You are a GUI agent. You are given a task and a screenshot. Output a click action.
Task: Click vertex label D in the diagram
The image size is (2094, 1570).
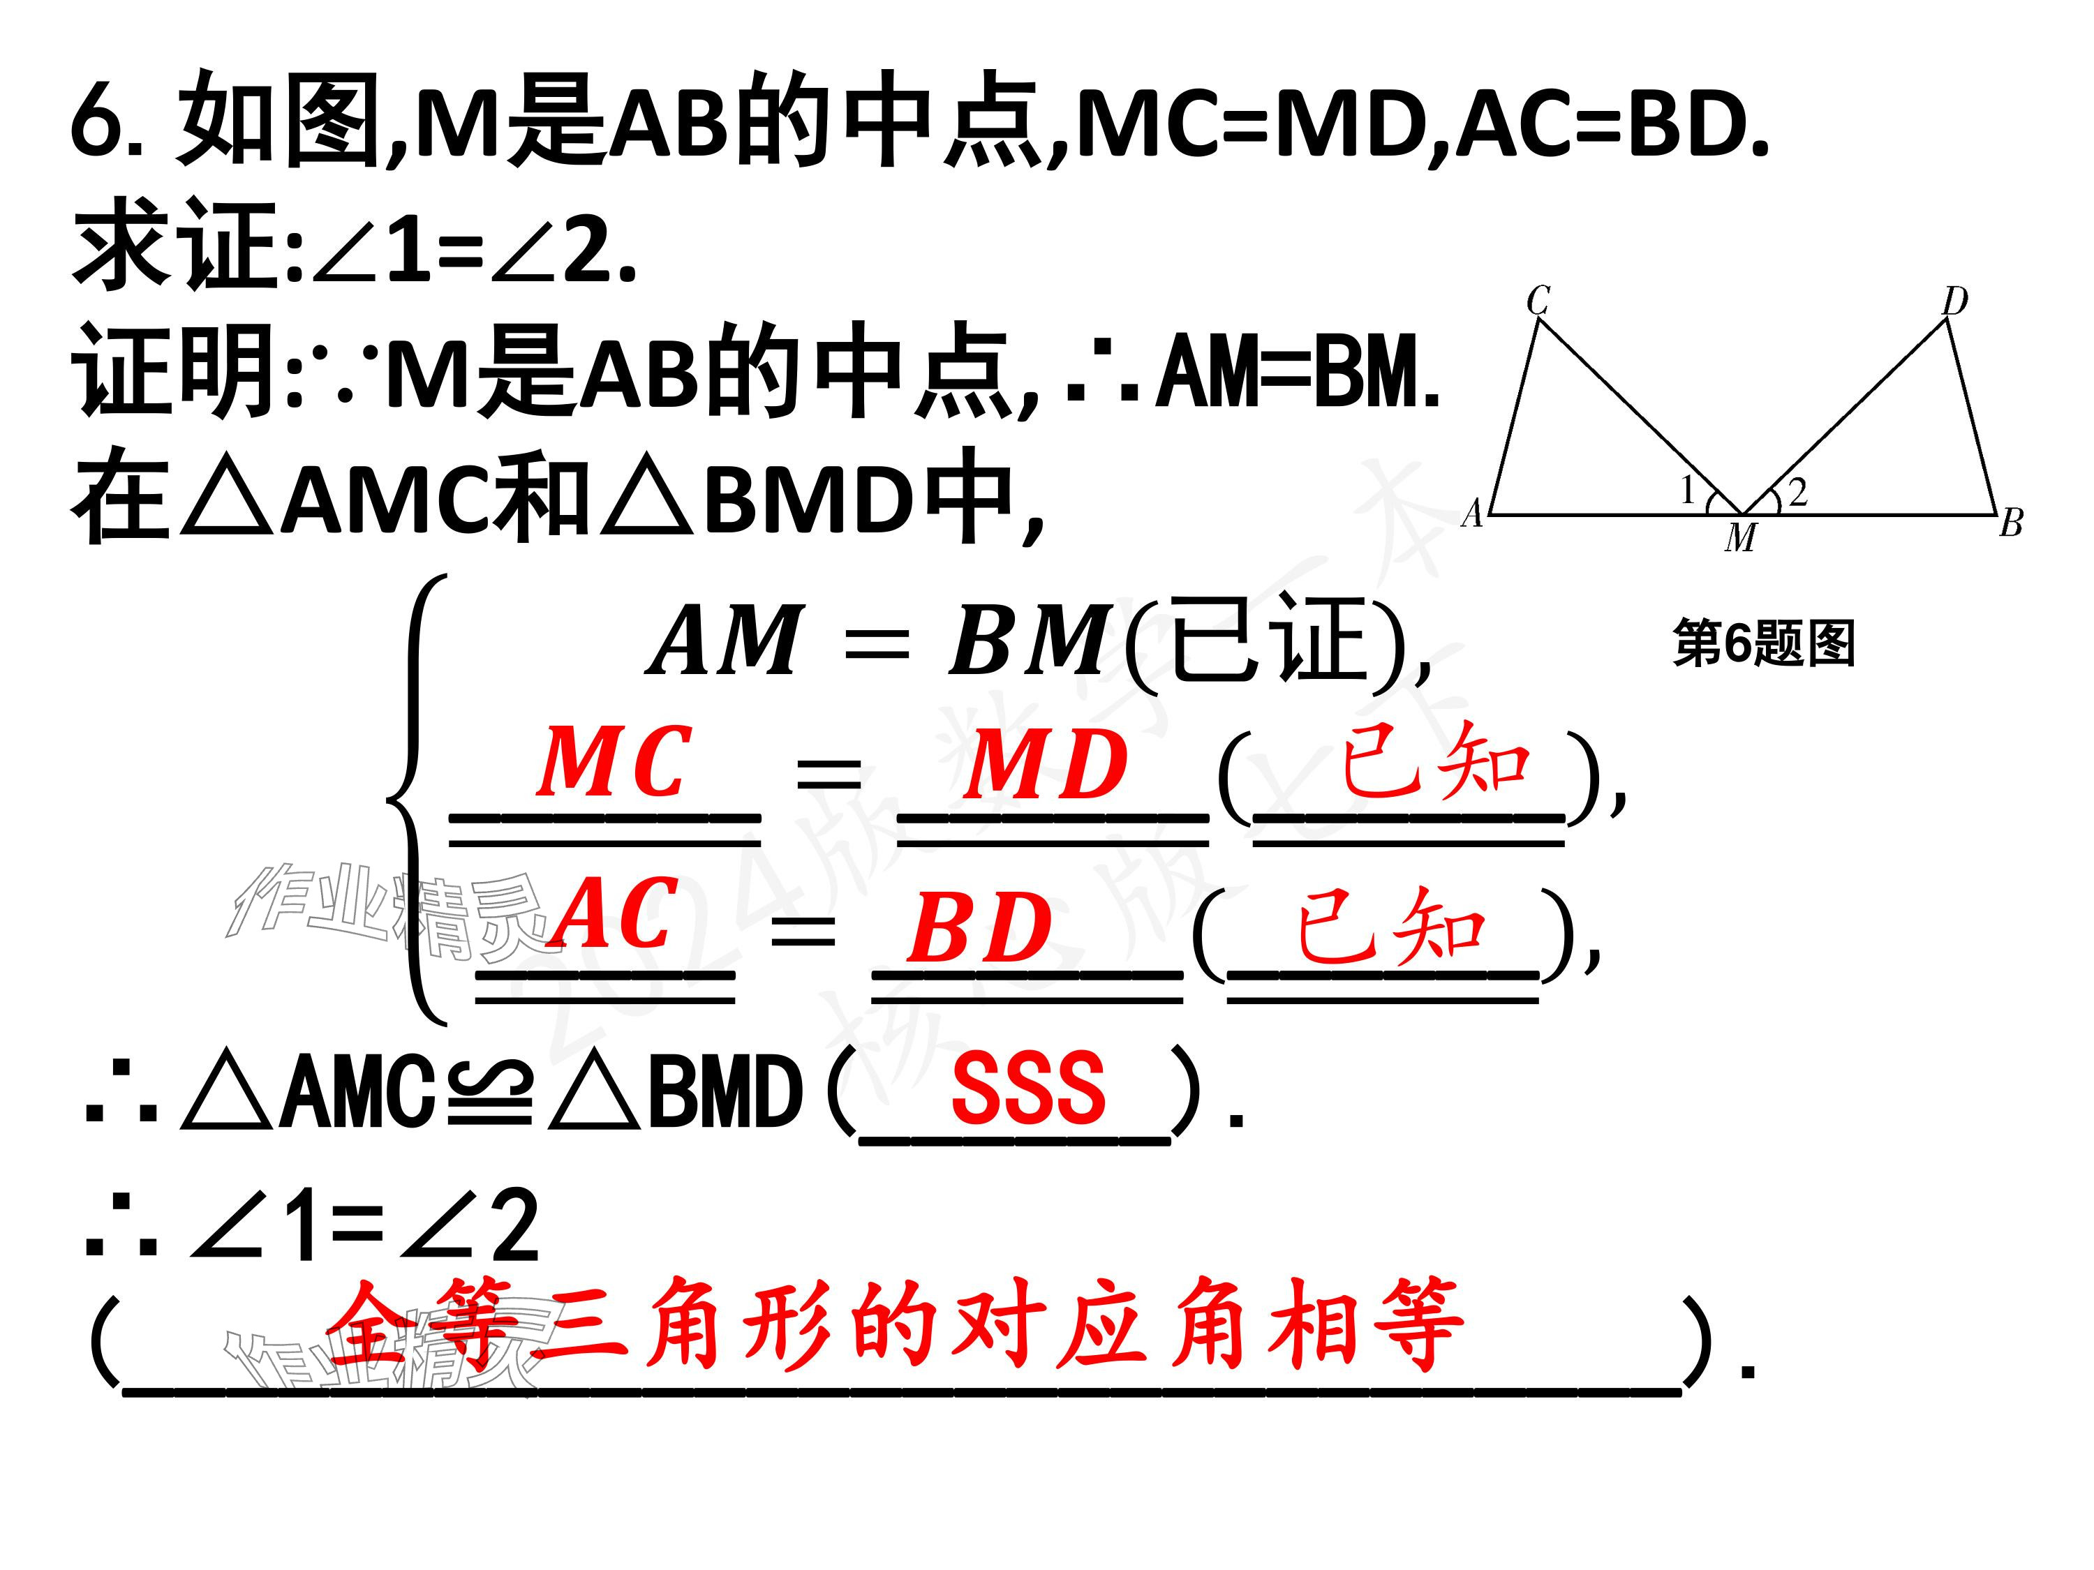1955,302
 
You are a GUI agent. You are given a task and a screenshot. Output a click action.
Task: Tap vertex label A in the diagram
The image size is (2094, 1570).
1472,513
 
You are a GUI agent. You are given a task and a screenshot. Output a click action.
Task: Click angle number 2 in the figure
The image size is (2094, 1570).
1797,491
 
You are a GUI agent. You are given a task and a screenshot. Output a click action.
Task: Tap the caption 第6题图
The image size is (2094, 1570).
1762,643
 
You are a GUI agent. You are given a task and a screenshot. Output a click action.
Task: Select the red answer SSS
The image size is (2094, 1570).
1028,1089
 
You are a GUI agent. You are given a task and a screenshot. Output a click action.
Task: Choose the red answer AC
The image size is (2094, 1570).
616,913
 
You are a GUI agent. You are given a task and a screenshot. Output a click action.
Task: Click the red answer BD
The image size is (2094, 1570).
980,927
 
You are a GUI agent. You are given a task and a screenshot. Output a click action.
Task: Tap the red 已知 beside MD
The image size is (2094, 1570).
1435,760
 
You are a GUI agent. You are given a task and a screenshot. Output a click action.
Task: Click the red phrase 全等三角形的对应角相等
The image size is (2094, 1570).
895,1325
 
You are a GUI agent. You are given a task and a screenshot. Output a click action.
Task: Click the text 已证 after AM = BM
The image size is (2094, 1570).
1270,641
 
